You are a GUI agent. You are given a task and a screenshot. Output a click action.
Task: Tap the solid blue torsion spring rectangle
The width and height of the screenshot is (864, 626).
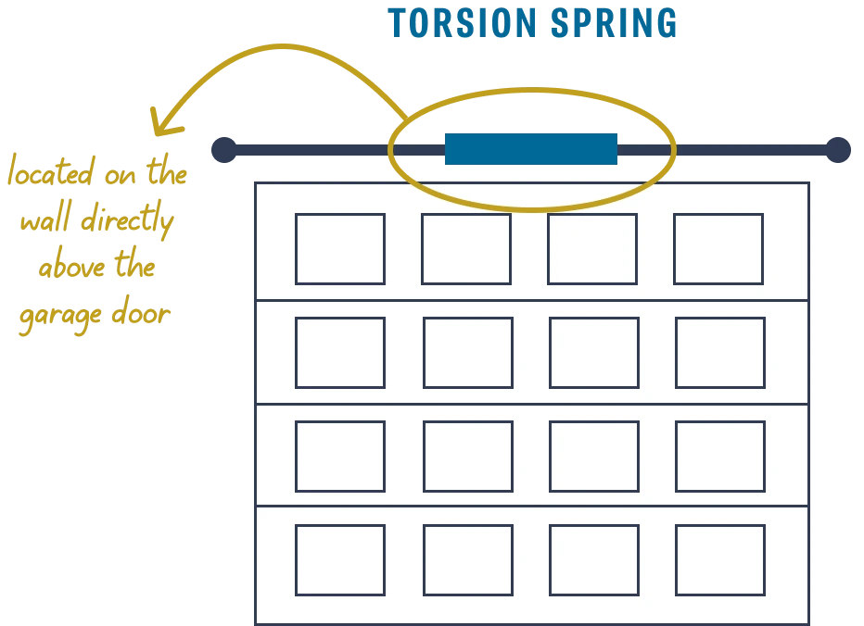click(x=530, y=149)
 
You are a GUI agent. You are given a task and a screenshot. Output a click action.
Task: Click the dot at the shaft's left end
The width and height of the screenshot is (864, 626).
click(x=222, y=148)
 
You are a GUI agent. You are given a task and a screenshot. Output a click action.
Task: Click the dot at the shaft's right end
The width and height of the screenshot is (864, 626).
click(x=837, y=148)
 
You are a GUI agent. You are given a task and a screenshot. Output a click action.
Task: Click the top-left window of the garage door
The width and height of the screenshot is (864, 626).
click(x=339, y=248)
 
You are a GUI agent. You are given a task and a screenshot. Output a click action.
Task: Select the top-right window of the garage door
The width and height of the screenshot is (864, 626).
click(x=718, y=248)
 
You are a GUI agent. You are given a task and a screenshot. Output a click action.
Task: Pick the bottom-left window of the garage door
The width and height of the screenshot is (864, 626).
click(x=340, y=559)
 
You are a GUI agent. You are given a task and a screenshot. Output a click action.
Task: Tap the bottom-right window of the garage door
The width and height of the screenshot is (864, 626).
click(x=719, y=559)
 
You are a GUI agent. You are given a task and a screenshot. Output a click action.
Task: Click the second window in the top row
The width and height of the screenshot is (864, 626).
click(x=465, y=248)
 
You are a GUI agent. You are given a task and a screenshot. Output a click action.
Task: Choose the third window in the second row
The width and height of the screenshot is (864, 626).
click(x=593, y=352)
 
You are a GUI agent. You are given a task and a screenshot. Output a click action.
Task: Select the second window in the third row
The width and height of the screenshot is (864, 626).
click(x=467, y=456)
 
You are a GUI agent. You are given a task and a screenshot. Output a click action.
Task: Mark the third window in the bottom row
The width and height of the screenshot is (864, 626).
click(x=593, y=559)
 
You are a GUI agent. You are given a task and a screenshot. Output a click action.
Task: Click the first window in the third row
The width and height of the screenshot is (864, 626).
click(x=340, y=456)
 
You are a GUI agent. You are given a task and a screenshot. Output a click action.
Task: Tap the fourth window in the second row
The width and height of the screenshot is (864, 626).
click(x=719, y=352)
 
